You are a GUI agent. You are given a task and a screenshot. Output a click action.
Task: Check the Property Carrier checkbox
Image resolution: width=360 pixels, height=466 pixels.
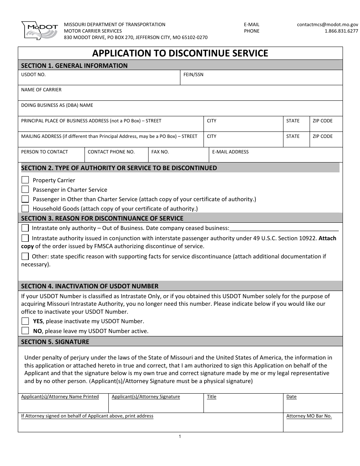pos(25,180)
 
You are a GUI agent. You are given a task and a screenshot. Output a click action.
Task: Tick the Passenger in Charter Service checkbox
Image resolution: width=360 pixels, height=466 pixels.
pos(25,189)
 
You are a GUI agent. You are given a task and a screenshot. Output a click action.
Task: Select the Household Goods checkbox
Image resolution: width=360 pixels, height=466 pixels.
pos(25,208)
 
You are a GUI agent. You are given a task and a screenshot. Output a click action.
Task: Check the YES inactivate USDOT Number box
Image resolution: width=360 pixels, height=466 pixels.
pos(25,321)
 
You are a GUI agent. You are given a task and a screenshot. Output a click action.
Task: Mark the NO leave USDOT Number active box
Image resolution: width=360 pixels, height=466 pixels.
pos(25,331)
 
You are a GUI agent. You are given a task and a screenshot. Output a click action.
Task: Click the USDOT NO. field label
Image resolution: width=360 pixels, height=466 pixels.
pos(33,75)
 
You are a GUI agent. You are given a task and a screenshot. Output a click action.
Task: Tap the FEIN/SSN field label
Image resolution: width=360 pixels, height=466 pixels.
pos(193,75)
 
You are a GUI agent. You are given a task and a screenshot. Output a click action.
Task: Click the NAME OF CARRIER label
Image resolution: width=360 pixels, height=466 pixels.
pos(41,90)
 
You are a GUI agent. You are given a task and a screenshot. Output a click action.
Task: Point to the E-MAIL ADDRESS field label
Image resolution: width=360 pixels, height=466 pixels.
pos(230,152)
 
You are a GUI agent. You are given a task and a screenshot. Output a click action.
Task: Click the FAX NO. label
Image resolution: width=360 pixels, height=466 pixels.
pos(160,152)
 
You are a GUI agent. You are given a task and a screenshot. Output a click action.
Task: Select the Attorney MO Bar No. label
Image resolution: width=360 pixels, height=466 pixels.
pos(309,416)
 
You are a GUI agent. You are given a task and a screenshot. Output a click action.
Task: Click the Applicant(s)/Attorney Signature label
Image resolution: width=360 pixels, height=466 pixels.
pos(146,397)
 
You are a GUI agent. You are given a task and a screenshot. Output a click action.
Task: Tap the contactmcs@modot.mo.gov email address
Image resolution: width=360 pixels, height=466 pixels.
pos(327,24)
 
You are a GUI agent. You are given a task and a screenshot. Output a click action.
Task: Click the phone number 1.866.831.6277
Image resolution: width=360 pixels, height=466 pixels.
pos(341,31)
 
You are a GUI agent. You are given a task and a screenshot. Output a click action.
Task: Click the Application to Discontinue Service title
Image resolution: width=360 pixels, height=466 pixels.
pos(180,53)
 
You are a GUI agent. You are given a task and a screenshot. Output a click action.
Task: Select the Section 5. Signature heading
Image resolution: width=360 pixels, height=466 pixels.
pos(55,342)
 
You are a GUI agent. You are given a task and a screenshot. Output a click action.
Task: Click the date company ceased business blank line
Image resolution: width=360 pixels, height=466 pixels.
pos(284,228)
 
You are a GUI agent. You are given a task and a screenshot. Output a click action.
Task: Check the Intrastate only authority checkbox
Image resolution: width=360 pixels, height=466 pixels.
pos(25,228)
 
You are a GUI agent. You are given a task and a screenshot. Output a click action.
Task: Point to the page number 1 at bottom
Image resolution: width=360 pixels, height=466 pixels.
pos(180,437)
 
